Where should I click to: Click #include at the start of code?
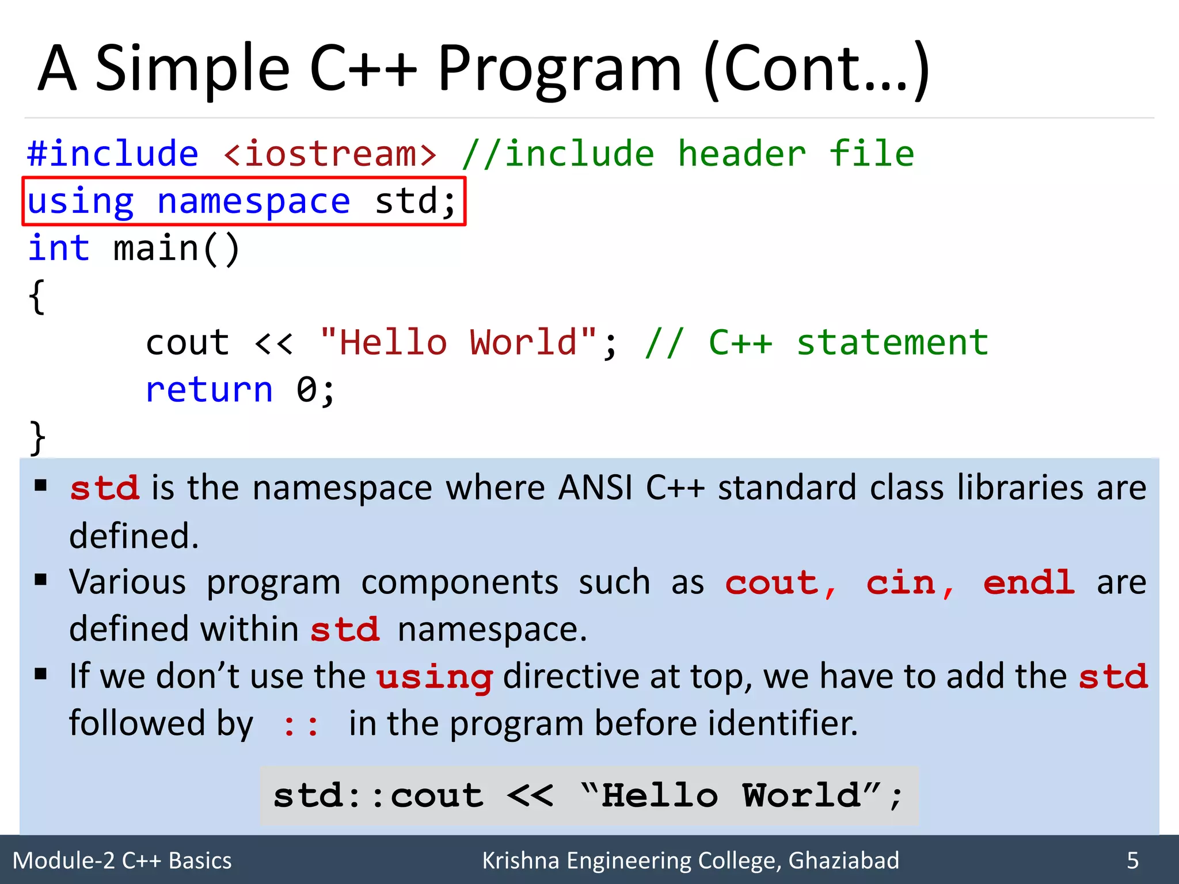[113, 154]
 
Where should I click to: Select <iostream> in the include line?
[329, 154]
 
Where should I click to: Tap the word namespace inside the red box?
[253, 202]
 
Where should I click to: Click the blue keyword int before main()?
[59, 249]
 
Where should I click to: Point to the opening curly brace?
[37, 296]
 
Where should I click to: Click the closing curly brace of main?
[37, 438]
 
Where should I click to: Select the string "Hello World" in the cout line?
[458, 343]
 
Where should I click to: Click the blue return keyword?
[209, 390]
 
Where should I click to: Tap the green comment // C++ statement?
[816, 343]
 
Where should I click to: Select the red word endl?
[1029, 582]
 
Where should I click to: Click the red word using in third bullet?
[435, 676]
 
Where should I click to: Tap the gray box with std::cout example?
[588, 796]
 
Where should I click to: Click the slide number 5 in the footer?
[1132, 860]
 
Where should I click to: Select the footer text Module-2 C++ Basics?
[122, 860]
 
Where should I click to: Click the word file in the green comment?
[871, 154]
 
